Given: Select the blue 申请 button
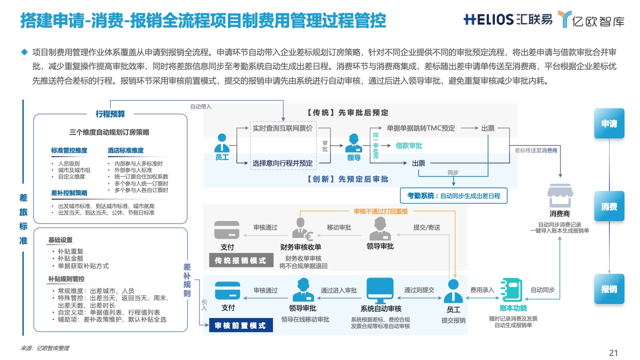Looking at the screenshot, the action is (x=609, y=123).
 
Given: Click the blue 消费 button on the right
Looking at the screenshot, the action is (x=609, y=206).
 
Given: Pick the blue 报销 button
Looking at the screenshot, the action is (x=609, y=289).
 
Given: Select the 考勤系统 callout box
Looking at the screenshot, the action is (x=454, y=195).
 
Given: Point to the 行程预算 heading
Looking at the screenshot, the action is (x=110, y=114).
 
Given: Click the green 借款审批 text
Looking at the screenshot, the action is (x=409, y=146).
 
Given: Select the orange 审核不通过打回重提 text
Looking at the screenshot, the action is (x=380, y=211).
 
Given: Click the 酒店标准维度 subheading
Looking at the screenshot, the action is (x=125, y=150).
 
